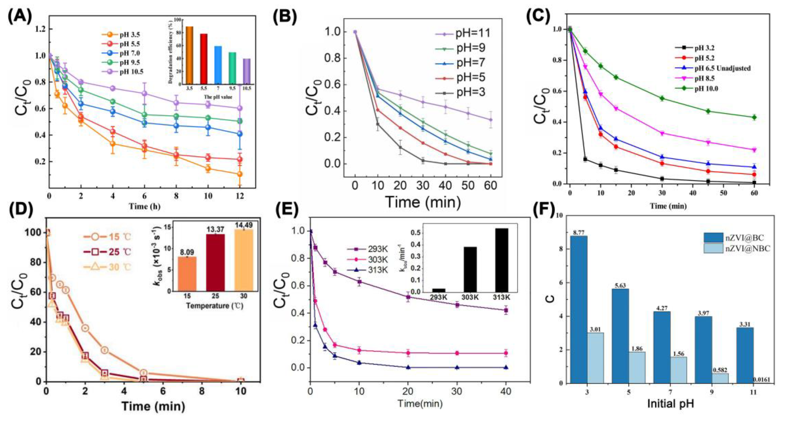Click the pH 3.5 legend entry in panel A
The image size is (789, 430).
[x=122, y=35]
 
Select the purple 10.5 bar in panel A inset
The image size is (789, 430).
[x=247, y=71]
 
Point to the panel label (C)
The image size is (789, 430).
[x=540, y=16]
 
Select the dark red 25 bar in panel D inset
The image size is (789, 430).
[x=215, y=262]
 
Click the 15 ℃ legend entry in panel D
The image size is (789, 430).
[x=107, y=237]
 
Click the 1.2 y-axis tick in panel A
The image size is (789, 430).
[x=39, y=29]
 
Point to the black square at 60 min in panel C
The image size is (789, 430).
[x=754, y=182]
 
